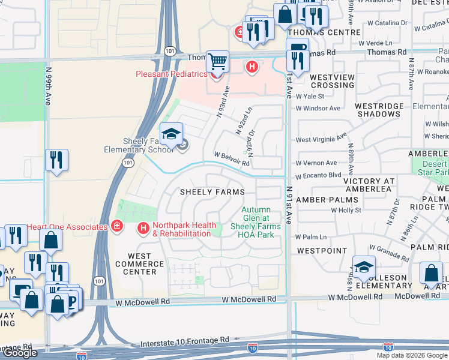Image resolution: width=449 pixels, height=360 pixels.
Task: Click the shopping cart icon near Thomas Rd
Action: [x=217, y=61]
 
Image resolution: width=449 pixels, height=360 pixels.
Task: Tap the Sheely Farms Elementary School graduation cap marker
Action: [x=172, y=133]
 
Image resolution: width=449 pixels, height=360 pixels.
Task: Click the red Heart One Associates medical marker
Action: [x=117, y=226]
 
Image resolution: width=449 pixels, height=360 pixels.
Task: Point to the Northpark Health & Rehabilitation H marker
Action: [x=143, y=228]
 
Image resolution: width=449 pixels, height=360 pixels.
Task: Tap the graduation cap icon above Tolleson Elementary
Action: [x=364, y=267]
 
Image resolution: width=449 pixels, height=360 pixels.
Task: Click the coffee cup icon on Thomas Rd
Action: [x=296, y=47]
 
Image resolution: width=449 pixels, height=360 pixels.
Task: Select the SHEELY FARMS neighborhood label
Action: [x=213, y=192]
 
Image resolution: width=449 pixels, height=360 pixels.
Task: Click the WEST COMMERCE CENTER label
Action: [x=135, y=264]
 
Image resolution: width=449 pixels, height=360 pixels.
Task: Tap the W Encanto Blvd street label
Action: [x=318, y=175]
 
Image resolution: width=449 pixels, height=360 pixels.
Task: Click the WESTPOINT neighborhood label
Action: [x=322, y=250]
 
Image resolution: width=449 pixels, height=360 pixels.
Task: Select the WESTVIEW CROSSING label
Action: [x=333, y=81]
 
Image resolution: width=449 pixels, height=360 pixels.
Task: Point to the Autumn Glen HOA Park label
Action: [x=257, y=222]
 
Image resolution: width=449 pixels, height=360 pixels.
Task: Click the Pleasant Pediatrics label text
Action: [x=171, y=74]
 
